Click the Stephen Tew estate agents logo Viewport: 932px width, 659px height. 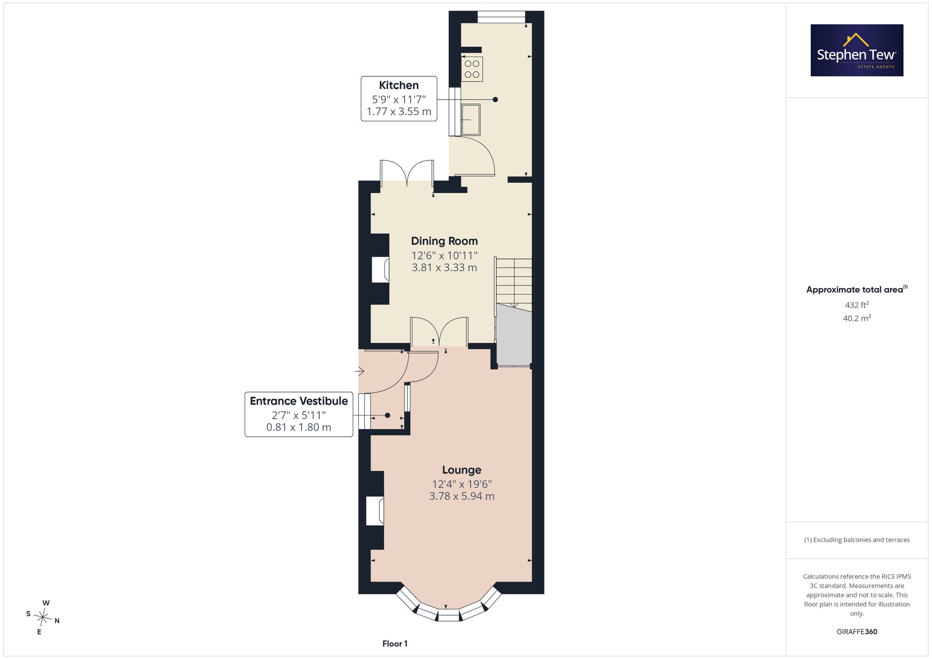857,50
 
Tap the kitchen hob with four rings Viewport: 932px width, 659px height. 472,69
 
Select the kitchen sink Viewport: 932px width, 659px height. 471,120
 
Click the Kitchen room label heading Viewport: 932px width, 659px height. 399,85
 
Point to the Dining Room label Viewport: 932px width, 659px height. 445,241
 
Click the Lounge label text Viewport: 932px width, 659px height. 462,470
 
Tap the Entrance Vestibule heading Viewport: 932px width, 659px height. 299,401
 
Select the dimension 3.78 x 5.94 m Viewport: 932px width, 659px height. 462,496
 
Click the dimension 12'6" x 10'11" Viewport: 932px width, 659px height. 445,255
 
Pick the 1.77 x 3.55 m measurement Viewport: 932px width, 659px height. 399,112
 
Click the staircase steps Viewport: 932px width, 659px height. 514,282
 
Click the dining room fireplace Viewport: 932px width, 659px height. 380,270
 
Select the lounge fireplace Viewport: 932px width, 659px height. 375,511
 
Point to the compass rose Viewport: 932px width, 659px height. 43,618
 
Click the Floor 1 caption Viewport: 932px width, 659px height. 395,644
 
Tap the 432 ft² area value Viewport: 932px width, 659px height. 857,305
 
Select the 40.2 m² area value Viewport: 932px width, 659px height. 857,319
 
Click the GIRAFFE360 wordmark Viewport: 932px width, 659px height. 857,632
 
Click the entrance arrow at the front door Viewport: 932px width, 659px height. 359,371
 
